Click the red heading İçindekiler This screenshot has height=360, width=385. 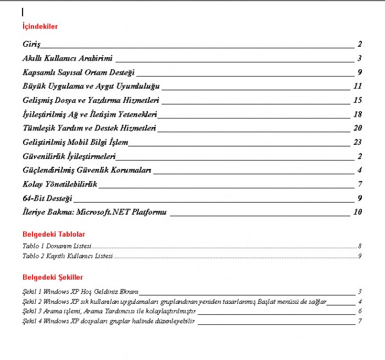[40, 26]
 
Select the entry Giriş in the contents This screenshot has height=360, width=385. [31, 44]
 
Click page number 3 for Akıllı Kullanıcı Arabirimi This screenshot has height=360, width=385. [359, 58]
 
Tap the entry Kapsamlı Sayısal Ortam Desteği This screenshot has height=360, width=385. [79, 72]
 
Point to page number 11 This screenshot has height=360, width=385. [358, 86]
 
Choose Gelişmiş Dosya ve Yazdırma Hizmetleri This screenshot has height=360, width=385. [91, 100]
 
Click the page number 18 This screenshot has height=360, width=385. [358, 114]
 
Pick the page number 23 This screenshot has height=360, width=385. [358, 142]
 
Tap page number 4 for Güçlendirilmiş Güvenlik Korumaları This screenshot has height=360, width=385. [359, 170]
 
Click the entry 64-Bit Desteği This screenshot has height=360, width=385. [47, 198]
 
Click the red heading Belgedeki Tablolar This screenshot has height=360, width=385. [53, 234]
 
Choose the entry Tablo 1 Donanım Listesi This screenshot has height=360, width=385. [57, 246]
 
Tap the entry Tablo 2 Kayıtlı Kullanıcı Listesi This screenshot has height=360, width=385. [67, 256]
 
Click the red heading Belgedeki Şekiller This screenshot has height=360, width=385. [53, 277]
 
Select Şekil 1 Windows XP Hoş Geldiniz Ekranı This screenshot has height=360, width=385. [80, 292]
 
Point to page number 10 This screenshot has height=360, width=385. [358, 212]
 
